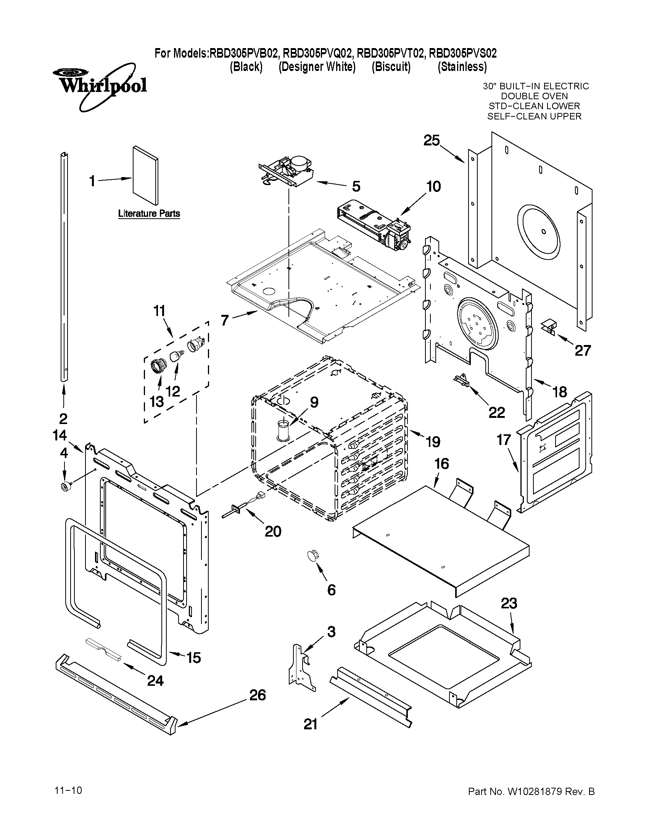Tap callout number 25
tap(432, 140)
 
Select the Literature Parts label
tap(149, 213)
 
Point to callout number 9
tap(314, 402)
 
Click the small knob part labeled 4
tap(64, 487)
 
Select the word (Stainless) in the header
tap(462, 67)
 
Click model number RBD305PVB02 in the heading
tap(243, 53)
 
